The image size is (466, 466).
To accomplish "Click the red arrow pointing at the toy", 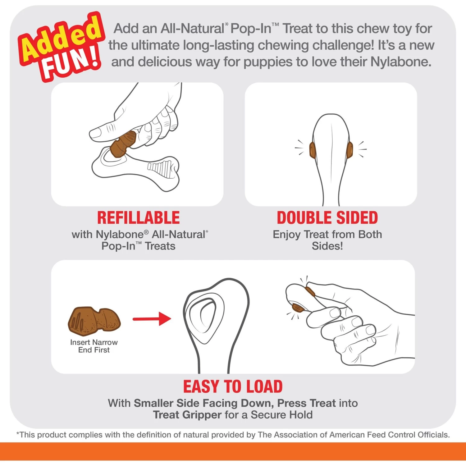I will click(152, 319).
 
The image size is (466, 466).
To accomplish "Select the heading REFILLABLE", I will click(139, 218).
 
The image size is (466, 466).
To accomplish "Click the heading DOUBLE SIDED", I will click(327, 218).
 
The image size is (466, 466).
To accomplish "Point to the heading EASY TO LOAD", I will click(233, 387).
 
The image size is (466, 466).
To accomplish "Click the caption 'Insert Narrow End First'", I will click(94, 346).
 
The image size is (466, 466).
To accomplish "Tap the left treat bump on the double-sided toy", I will click(312, 150).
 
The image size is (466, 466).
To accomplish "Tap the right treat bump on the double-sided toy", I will click(350, 149).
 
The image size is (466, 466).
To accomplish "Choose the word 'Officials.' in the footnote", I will click(433, 435).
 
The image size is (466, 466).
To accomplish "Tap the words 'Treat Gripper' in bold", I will click(187, 415).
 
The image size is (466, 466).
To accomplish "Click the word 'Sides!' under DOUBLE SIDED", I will click(327, 246).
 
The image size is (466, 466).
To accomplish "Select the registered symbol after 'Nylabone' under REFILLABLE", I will click(146, 232).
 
